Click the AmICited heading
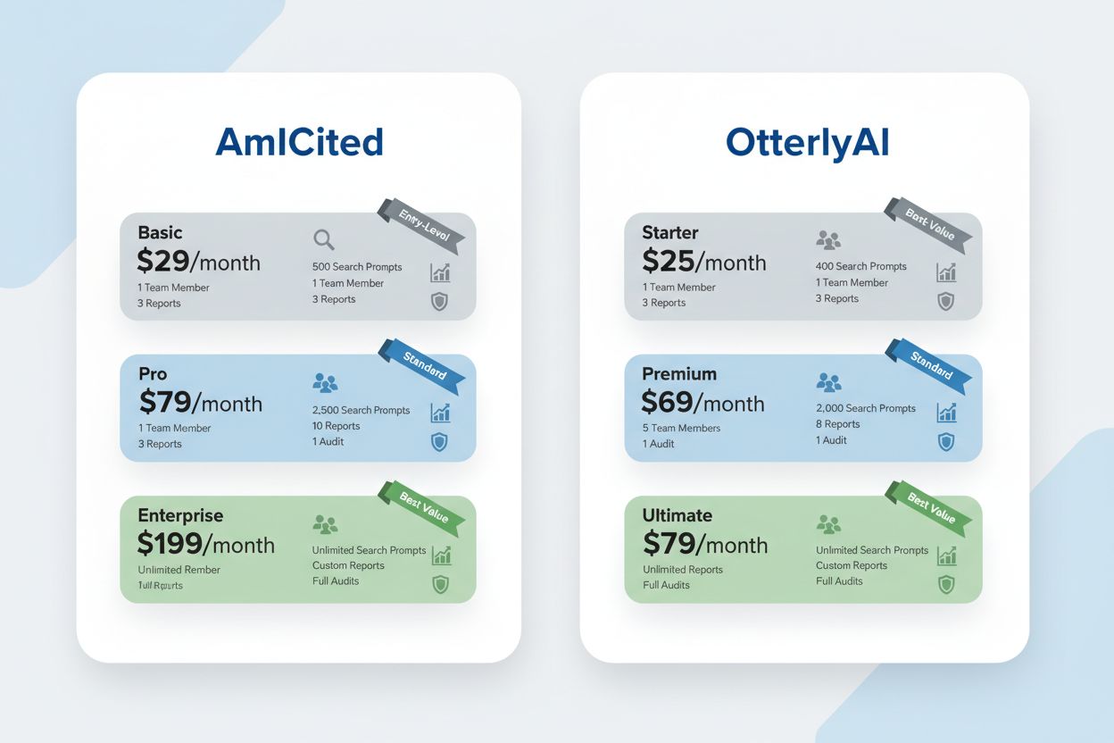coord(299,143)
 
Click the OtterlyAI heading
coord(807,143)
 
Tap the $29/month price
coord(198,261)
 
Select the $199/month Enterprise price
coord(205,544)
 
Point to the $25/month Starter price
coord(703,261)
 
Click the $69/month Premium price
coord(702,403)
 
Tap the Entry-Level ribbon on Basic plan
coord(423,223)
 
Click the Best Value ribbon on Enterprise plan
coord(423,506)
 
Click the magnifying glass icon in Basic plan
coord(324,239)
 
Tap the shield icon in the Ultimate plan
coord(946,585)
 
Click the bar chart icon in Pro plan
coord(441,413)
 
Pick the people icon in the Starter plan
coord(828,239)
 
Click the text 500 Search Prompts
coord(357,267)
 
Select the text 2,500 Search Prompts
coord(361,410)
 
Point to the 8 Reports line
coord(837,424)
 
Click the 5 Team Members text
coord(681,428)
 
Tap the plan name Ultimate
coord(677,515)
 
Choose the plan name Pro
coord(153,373)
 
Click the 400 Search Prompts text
coord(860,266)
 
